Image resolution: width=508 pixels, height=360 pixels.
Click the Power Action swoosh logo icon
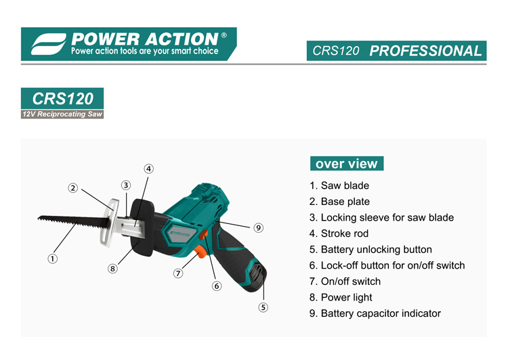[x=49, y=44]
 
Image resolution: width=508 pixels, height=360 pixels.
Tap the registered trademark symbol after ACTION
[x=224, y=36]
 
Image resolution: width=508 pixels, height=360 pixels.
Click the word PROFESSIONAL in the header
[x=426, y=51]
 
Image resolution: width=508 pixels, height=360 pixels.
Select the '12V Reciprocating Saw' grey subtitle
[x=62, y=114]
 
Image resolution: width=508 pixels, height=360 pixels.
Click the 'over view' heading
[x=347, y=164]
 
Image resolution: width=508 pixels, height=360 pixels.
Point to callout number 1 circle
[x=52, y=258]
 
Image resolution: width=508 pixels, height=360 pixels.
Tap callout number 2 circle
[x=73, y=187]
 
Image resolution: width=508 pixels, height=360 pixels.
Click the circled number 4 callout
[x=149, y=168]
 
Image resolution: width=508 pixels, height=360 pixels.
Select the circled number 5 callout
[x=263, y=307]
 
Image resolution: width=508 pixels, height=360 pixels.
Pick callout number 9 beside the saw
[x=258, y=227]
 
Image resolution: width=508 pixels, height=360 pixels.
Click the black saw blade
[x=74, y=222]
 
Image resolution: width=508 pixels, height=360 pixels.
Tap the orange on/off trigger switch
[x=200, y=251]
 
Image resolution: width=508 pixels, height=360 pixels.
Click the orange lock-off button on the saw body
[x=204, y=234]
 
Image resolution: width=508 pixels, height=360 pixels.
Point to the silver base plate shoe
[x=108, y=222]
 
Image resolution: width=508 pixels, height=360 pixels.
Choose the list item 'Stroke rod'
[x=339, y=233]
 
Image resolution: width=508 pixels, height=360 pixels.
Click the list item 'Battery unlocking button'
[x=371, y=250]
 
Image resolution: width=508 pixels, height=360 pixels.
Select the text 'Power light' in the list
[x=341, y=298]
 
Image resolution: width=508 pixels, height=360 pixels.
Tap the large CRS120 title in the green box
[x=62, y=98]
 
